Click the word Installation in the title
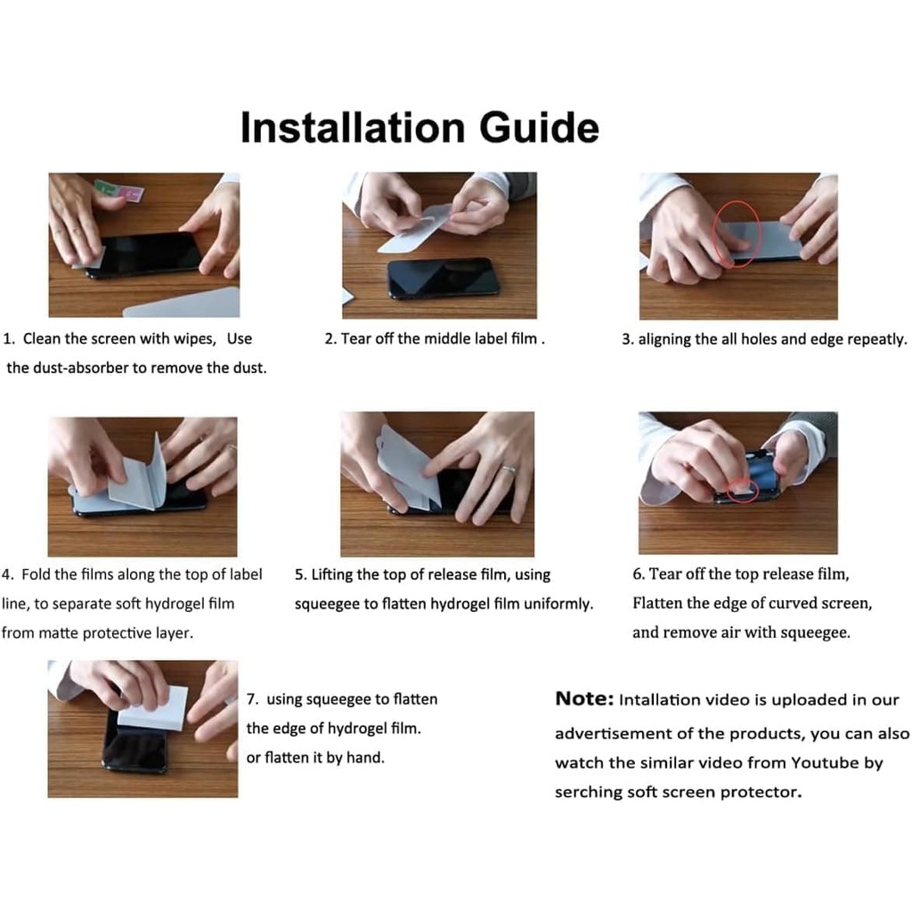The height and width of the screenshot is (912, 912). tap(353, 128)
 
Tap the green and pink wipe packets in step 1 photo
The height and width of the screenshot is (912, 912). tap(119, 191)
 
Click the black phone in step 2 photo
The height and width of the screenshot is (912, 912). tap(443, 278)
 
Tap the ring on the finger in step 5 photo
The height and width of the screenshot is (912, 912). tap(509, 468)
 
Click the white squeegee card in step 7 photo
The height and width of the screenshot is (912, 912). tap(153, 707)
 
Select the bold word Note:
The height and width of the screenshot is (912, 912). tap(584, 698)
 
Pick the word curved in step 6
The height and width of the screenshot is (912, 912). tap(794, 603)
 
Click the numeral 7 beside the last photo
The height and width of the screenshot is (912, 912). tap(251, 699)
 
